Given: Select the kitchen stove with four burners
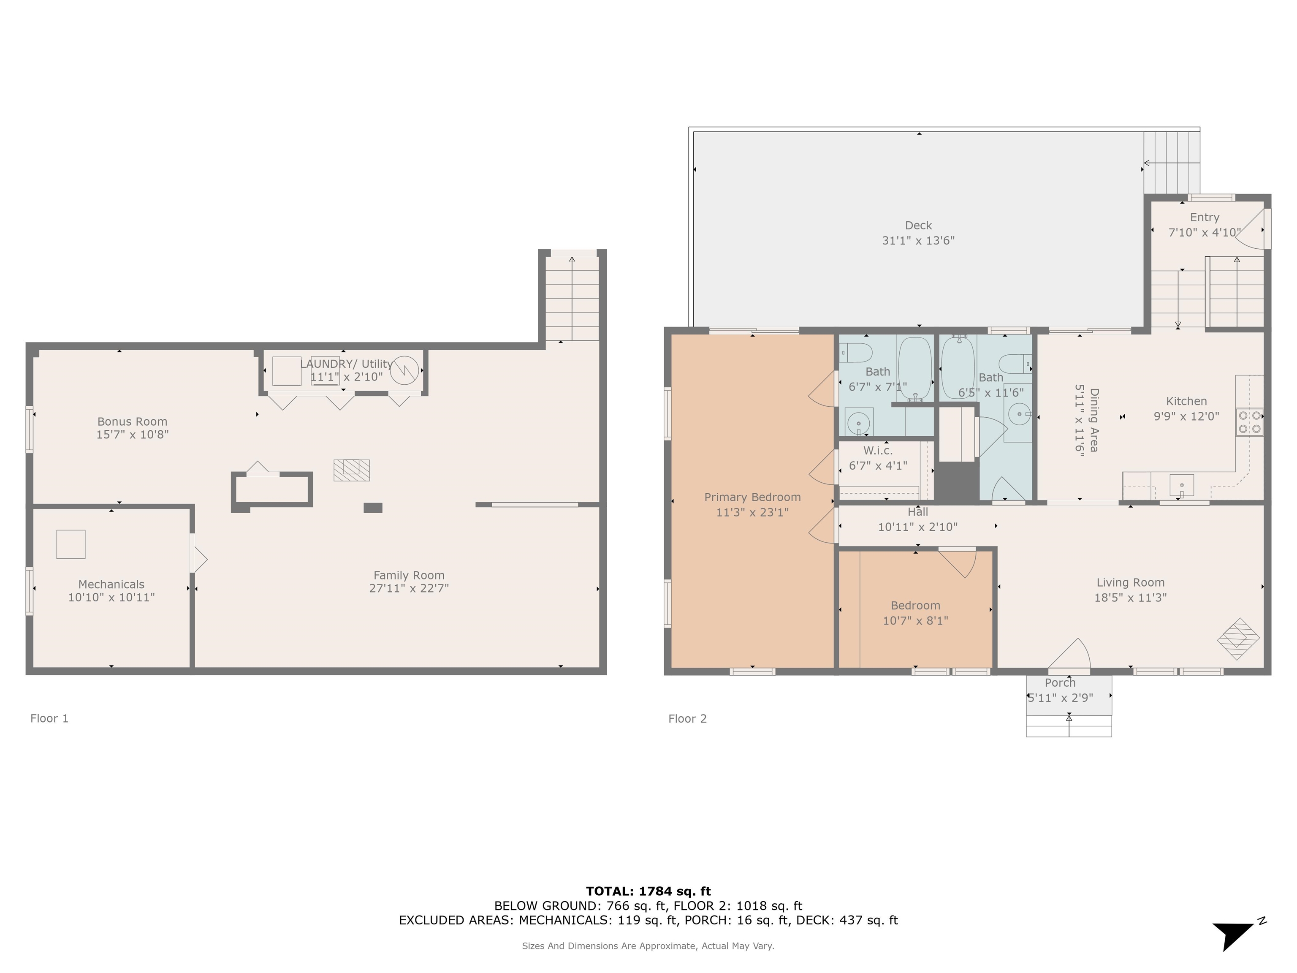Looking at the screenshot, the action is [1250, 422].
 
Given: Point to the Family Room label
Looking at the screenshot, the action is [409, 575].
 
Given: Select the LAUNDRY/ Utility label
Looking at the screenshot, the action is [347, 364].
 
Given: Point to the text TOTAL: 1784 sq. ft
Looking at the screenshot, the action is [648, 891].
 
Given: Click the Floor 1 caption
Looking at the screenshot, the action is [49, 718].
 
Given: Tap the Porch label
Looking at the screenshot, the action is [1060, 683].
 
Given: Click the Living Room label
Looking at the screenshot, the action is [1131, 583].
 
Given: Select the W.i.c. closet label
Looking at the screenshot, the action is [878, 451].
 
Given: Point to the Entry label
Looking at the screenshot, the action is [1205, 217].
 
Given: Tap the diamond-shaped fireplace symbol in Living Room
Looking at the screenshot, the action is [1238, 639].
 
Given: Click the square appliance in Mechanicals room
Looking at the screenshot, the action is [71, 544].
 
